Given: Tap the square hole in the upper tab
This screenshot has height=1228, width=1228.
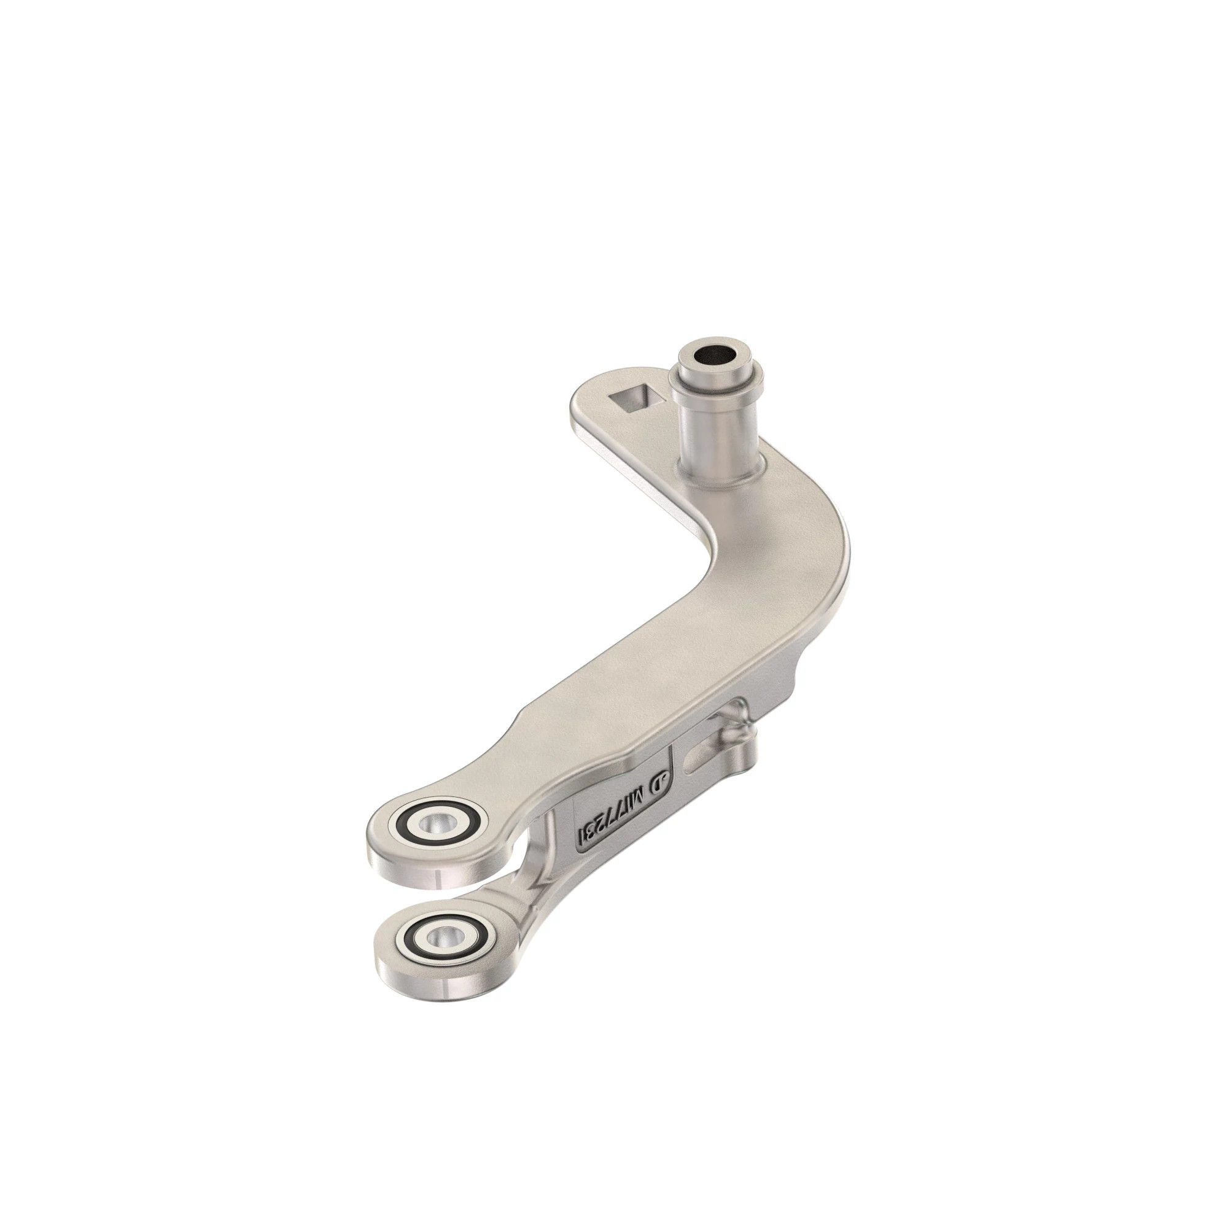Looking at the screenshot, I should click(x=632, y=400).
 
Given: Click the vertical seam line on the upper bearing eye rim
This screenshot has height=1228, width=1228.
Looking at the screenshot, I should click(x=438, y=880).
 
